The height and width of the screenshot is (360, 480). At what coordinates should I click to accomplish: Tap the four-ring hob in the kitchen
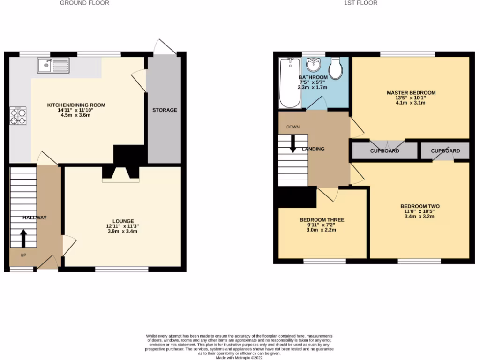coord(18,116)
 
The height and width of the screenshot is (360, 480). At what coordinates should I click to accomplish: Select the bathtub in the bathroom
coord(290,82)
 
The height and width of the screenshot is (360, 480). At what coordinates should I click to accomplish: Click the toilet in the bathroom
coord(335,68)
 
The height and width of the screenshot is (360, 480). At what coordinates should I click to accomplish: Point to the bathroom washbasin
coord(313,63)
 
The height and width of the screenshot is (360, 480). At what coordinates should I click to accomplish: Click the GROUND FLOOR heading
coord(84,3)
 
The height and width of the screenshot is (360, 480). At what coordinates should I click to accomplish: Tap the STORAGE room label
coord(165,110)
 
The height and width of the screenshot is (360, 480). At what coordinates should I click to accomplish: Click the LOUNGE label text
coord(123,221)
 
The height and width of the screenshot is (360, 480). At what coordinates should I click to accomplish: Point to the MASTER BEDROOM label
coord(411,93)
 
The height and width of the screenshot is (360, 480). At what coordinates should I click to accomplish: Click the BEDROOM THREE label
coord(322,220)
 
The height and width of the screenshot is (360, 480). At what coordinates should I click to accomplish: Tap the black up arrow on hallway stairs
coord(23,238)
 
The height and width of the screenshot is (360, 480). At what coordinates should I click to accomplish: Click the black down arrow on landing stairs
coord(293,143)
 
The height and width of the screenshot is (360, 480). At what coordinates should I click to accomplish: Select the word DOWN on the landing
coord(293,127)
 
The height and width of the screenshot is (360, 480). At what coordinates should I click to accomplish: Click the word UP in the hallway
coord(23,255)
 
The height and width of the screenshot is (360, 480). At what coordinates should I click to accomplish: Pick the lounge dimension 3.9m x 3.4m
coord(123,232)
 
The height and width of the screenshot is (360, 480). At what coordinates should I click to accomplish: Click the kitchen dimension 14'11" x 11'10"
coord(76,110)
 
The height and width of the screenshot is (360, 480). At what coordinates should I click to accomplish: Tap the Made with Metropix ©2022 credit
coord(240,358)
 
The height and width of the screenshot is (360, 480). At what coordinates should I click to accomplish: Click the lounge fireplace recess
coord(120,174)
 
